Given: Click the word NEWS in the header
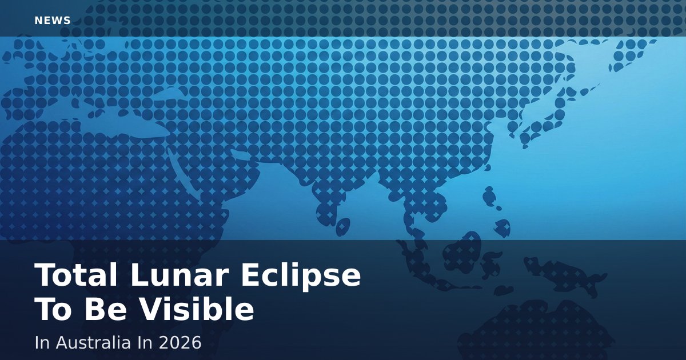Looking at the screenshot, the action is (53, 21).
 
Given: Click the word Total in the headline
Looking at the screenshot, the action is (76, 275).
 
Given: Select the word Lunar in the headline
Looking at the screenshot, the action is (180, 275).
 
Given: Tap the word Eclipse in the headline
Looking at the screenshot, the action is (301, 277).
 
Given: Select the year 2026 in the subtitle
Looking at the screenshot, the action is (180, 342).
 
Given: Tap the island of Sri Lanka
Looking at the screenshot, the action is (343, 227).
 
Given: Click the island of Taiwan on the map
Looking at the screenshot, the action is (489, 195).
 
